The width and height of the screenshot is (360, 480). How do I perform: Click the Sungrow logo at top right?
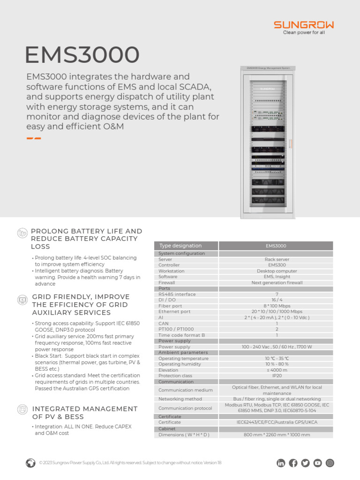tap(304, 27)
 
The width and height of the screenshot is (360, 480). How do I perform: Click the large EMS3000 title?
tap(82, 55)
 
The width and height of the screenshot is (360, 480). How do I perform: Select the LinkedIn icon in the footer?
tap(281, 463)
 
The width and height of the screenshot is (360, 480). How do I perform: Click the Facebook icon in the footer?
tap(293, 463)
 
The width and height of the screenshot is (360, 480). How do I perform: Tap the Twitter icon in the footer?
tap(305, 463)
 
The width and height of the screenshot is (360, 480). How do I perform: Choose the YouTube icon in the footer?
tap(317, 463)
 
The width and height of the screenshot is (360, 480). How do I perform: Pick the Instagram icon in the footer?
tap(330, 463)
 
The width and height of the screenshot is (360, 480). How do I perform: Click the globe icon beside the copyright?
tap(30, 463)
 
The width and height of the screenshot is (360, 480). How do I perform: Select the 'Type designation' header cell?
tap(186, 246)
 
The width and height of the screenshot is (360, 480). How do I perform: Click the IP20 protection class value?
tap(276, 376)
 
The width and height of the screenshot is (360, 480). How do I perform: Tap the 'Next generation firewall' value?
tap(276, 283)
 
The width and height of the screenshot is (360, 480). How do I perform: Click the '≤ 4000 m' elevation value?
tap(276, 370)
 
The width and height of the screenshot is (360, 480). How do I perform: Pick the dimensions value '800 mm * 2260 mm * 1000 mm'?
tap(276, 435)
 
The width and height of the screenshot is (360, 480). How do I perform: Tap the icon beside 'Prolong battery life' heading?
tap(22, 233)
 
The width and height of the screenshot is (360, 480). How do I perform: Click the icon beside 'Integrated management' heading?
tap(22, 410)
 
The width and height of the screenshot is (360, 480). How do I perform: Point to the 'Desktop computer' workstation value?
tap(276, 271)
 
